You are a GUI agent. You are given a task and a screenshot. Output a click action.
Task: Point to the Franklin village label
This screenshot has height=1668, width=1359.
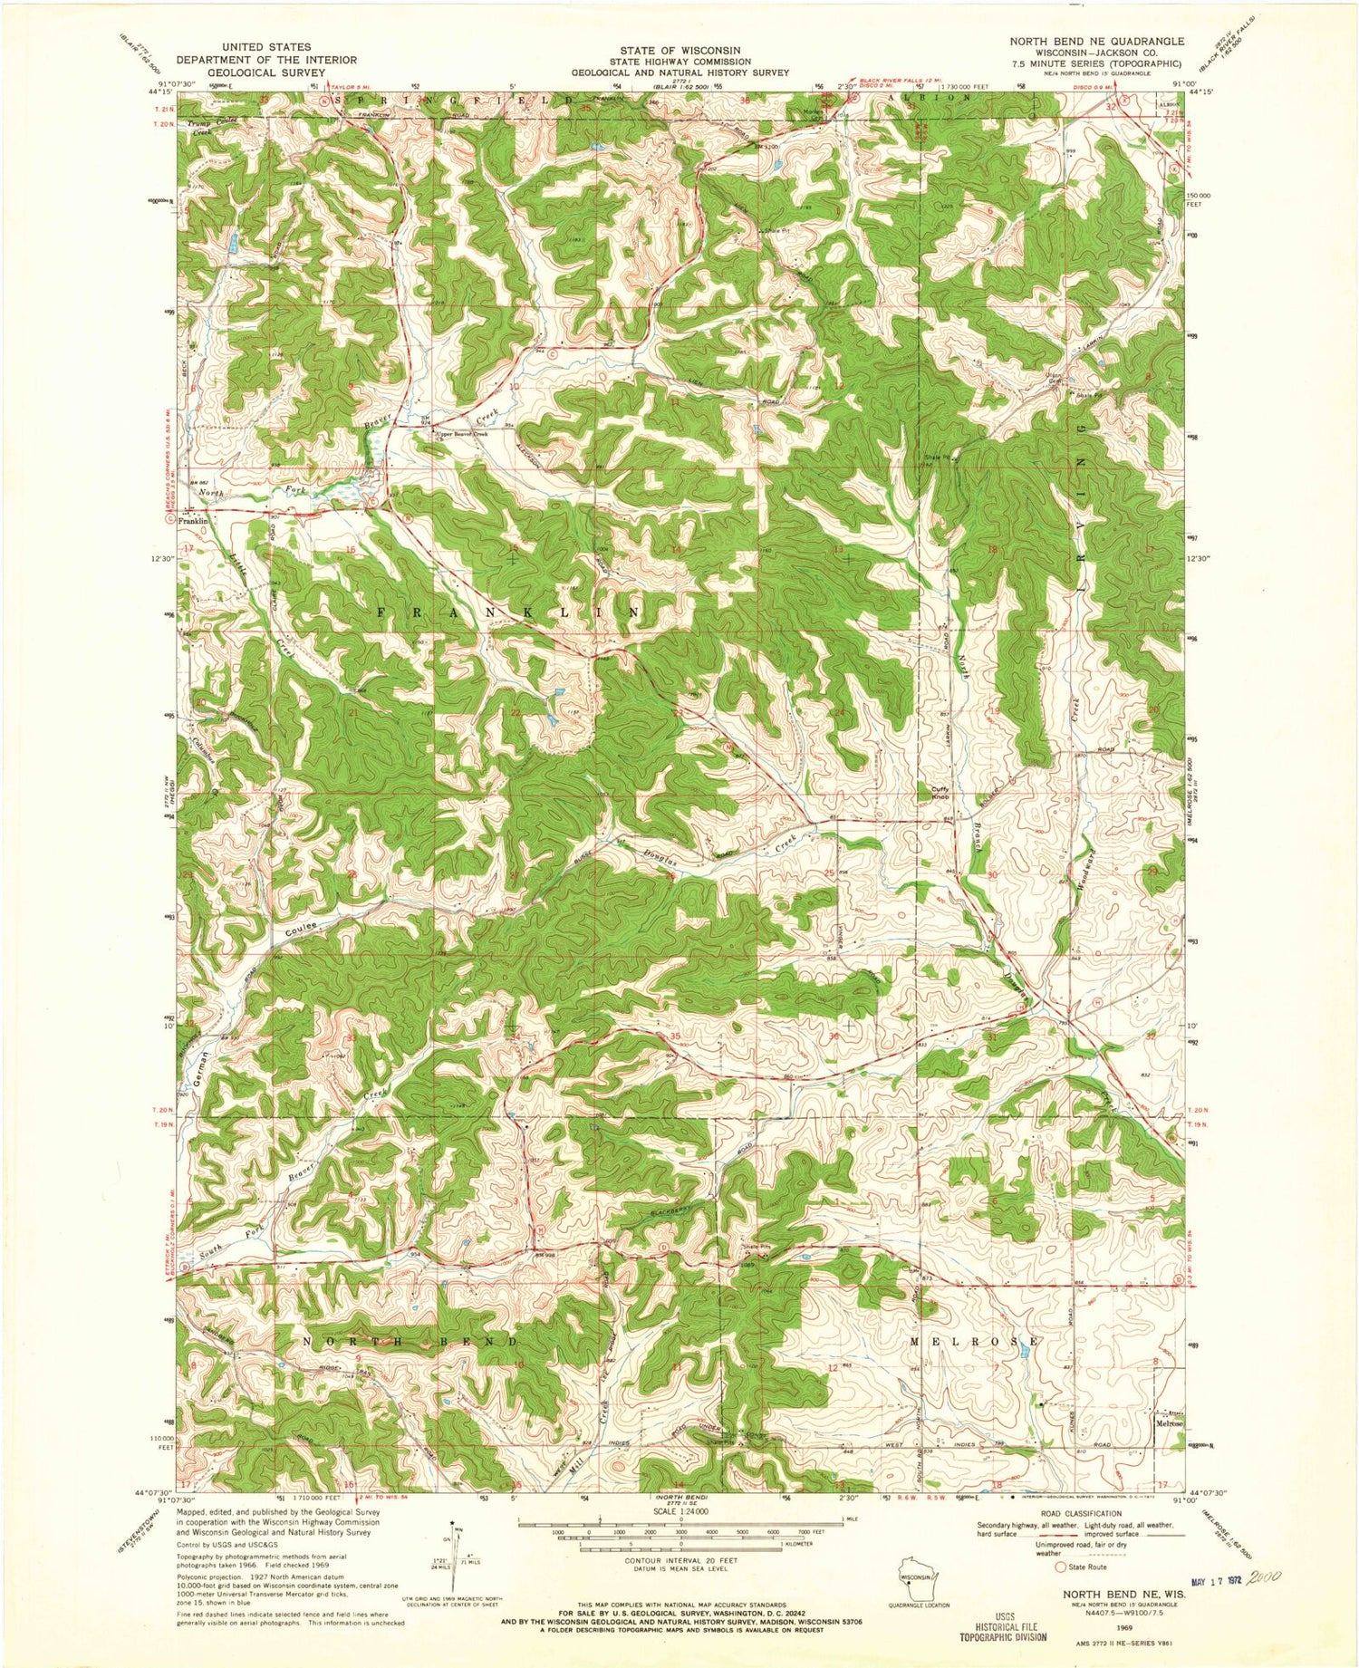click(x=192, y=522)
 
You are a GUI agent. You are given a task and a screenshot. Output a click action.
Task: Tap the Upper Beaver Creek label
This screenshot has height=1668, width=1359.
click(x=462, y=435)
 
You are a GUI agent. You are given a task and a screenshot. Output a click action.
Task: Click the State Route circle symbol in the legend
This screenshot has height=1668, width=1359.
click(x=1059, y=1567)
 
